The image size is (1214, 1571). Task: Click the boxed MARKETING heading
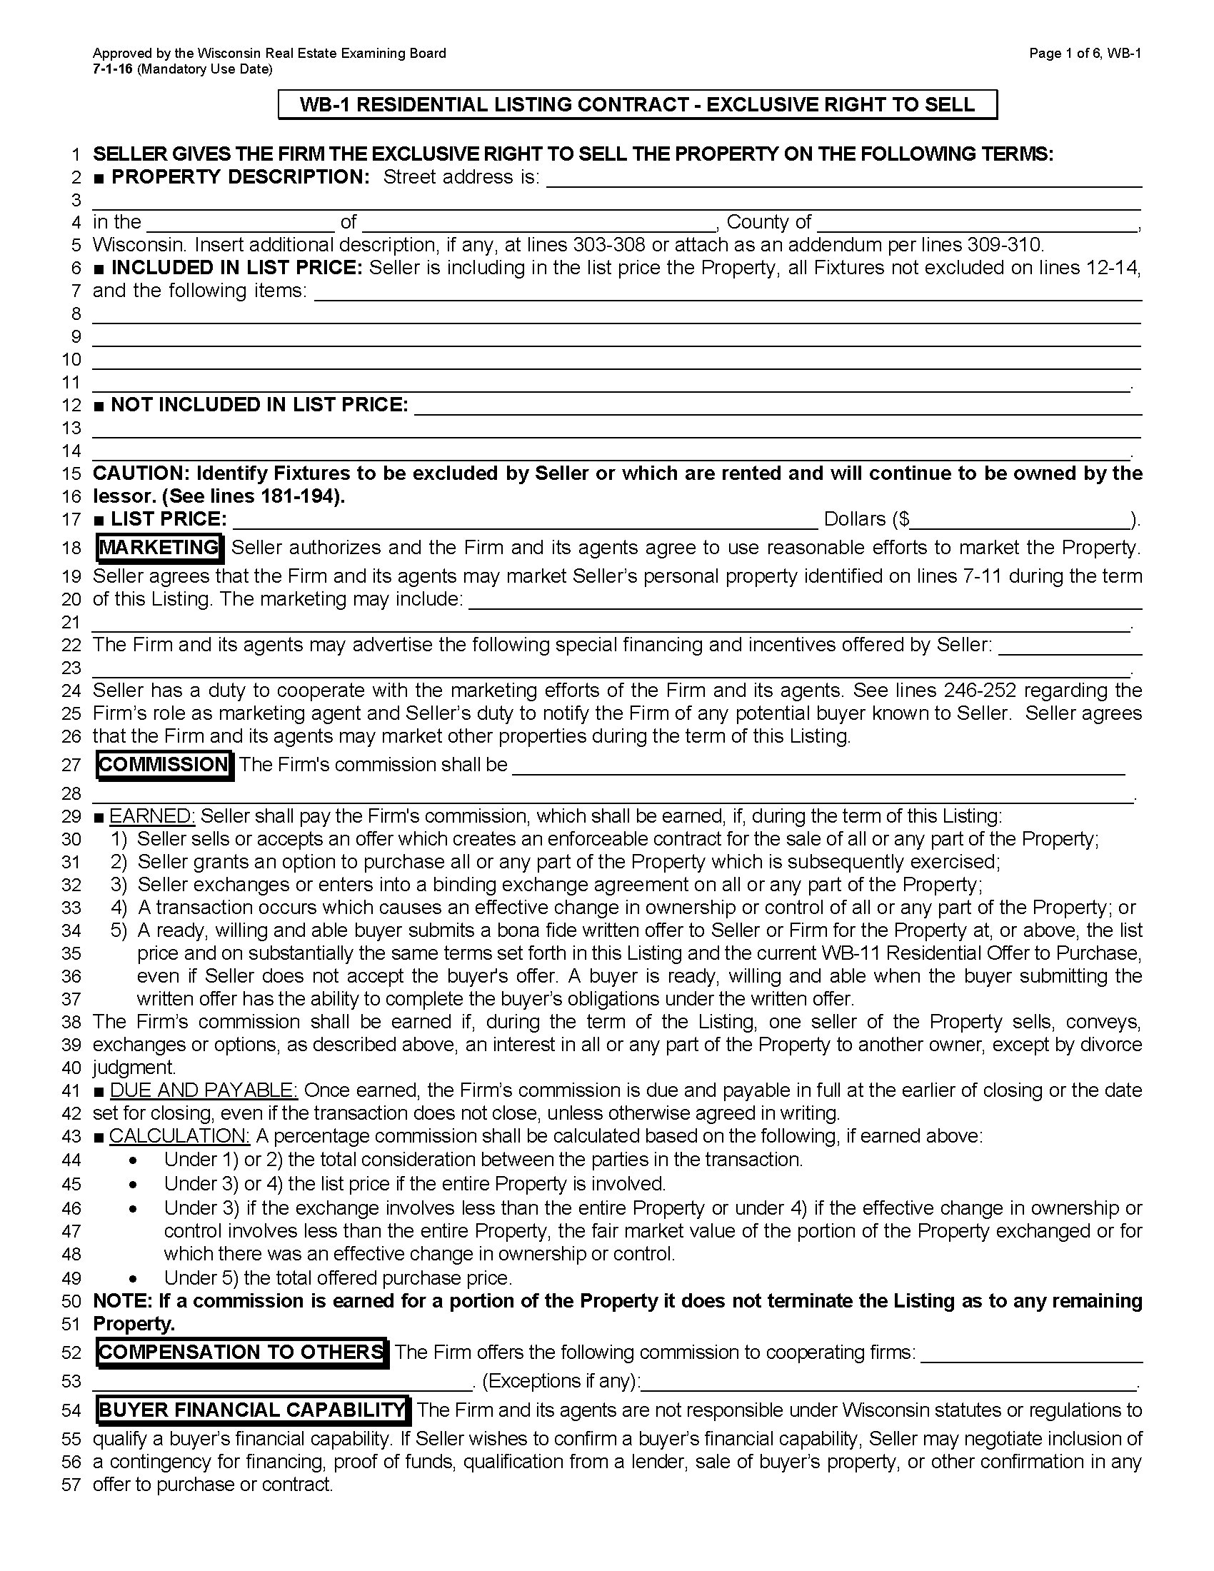[x=159, y=548]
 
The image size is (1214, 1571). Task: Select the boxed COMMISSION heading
[x=164, y=764]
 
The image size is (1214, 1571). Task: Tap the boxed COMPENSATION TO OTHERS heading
[x=241, y=1352]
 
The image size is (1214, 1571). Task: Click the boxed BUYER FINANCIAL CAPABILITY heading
[x=252, y=1410]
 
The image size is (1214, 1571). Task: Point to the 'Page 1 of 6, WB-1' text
[x=1085, y=54]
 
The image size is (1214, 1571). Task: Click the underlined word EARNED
[x=151, y=815]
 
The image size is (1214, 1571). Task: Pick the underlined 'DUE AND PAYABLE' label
[x=204, y=1090]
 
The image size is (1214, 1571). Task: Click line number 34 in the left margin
[x=71, y=930]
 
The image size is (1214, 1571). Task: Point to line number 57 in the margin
[x=71, y=1485]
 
